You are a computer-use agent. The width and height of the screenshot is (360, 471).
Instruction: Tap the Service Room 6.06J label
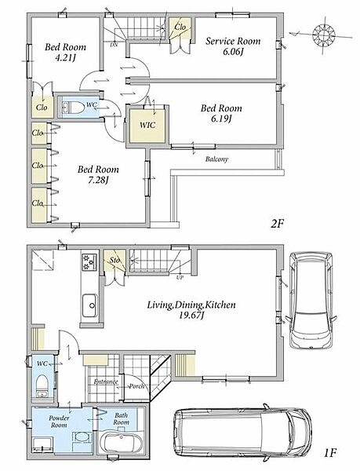pos(233,46)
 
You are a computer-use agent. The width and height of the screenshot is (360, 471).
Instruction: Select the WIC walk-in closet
pos(147,125)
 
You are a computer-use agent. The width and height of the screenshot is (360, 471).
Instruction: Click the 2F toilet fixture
pos(74,107)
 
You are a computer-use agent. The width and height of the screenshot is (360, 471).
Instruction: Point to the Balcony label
pos(216,159)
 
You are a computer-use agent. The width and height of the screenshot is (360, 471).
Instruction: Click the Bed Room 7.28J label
pos(98,174)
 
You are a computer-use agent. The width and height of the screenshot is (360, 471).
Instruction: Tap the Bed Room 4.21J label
pos(65,52)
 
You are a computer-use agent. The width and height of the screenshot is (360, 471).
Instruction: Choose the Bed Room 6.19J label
pos(221,113)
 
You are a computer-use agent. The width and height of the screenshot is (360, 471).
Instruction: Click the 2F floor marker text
pos(277,224)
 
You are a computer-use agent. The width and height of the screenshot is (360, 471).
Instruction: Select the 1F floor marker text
pos(330,452)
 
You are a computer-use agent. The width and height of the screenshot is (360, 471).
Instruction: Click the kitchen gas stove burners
pos(89,262)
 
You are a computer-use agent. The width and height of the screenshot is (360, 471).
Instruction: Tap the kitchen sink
pos(90,305)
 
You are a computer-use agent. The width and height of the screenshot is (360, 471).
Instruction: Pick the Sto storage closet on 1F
pos(115,261)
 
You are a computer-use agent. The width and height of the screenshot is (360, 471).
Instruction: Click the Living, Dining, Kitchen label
pos(191,310)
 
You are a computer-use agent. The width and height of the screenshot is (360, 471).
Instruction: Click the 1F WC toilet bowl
pos(42,385)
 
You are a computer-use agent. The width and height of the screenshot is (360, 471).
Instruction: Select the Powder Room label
pos(59,422)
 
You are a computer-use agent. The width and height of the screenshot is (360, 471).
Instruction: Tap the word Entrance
pos(106,382)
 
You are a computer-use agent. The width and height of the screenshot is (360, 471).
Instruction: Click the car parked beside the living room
pos(311,301)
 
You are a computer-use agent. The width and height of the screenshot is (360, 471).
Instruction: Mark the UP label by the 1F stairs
pos(180,278)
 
